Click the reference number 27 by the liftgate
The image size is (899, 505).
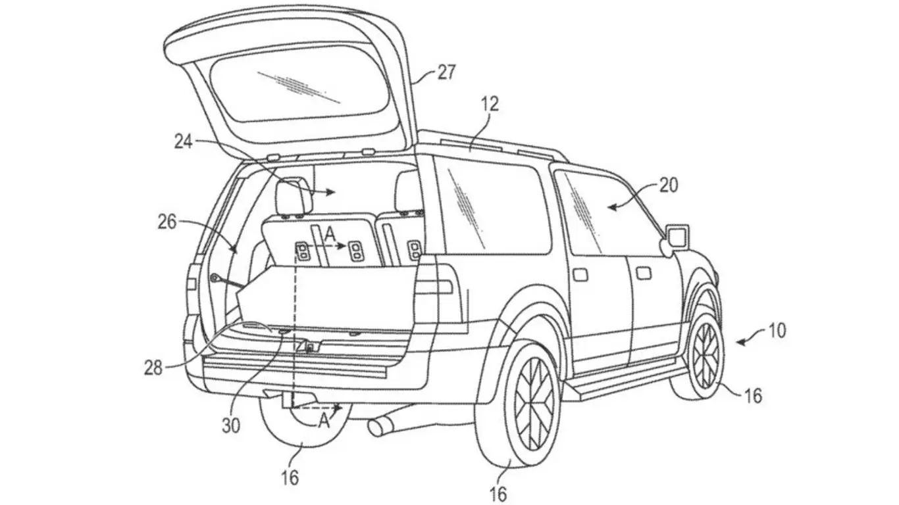[446, 72]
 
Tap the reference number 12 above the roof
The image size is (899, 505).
[490, 104]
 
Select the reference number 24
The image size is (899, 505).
[184, 141]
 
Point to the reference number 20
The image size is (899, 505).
[668, 186]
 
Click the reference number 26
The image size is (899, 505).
[167, 222]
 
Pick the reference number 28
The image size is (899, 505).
[153, 368]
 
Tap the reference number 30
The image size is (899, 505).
[230, 425]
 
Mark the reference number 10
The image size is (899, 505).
[777, 330]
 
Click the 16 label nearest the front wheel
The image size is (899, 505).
[753, 395]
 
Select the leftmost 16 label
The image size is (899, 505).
[290, 477]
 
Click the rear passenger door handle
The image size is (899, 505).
[580, 272]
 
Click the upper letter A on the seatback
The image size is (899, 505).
[330, 232]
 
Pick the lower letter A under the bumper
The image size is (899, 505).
[324, 421]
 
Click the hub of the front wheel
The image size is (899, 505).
[706, 355]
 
